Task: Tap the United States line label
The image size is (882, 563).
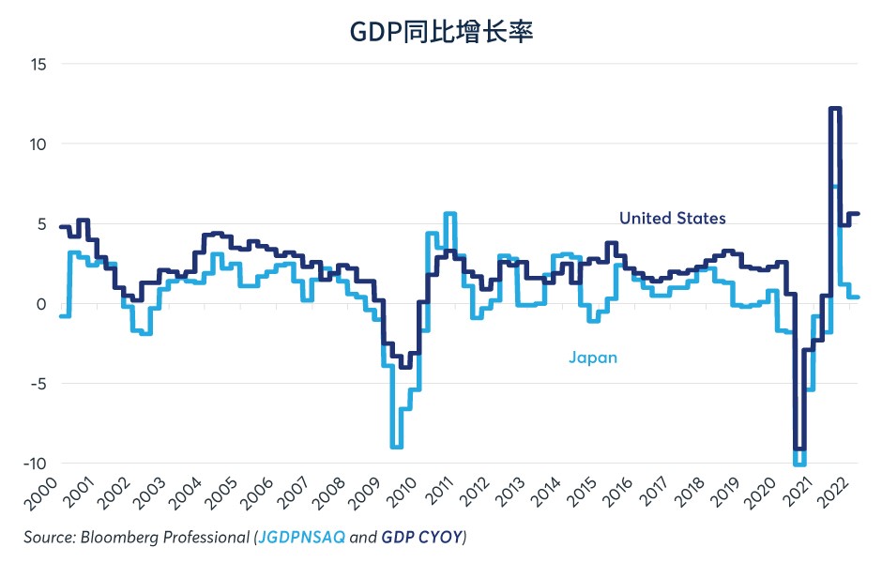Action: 672,218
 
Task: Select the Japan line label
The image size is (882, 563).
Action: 593,357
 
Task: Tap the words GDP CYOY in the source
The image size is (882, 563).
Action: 423,538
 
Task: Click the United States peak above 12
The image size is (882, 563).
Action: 834,109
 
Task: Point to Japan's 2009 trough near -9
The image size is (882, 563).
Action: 397,447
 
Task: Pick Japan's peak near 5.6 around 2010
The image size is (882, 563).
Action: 450,215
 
